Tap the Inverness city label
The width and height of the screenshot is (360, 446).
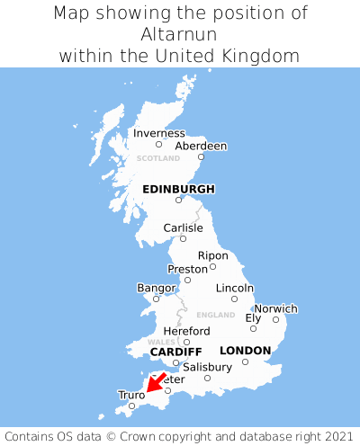tap(159, 133)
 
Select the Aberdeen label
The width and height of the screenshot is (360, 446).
tap(201, 146)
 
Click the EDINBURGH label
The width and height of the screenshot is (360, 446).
tap(178, 189)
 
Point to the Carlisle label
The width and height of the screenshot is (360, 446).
tap(183, 227)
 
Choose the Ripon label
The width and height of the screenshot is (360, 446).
tap(213, 255)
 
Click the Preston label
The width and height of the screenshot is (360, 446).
tap(187, 269)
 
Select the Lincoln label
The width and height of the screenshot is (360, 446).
tap(235, 288)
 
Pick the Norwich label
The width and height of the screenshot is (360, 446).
tap(275, 308)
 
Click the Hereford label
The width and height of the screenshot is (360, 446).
tap(186, 331)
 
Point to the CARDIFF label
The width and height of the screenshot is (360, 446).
tap(175, 351)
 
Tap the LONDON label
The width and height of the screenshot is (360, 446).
tap(245, 350)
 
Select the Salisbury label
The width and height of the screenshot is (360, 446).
tap(207, 367)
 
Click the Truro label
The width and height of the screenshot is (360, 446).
tap(131, 395)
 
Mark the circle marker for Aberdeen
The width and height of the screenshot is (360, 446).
tap(202, 157)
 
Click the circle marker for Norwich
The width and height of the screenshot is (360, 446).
tap(275, 319)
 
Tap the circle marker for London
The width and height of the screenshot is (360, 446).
tap(245, 361)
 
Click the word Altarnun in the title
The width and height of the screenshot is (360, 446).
tap(179, 34)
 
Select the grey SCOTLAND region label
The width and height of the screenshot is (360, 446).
tap(158, 158)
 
